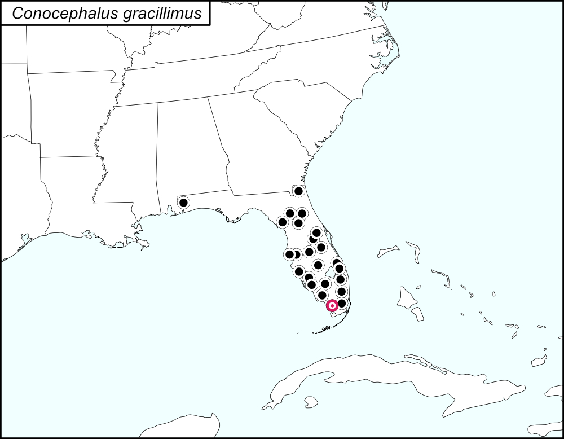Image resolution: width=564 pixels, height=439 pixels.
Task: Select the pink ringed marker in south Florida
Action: [x=332, y=306]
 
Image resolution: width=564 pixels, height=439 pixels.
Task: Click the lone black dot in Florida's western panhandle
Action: [x=183, y=202]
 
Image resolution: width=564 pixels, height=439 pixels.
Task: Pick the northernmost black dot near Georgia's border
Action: [x=299, y=191]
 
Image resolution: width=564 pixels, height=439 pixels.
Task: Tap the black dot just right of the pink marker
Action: [x=341, y=303]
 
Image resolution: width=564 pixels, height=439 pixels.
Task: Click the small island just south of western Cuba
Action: [x=309, y=402]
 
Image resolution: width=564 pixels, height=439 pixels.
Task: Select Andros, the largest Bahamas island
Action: [x=408, y=295]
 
